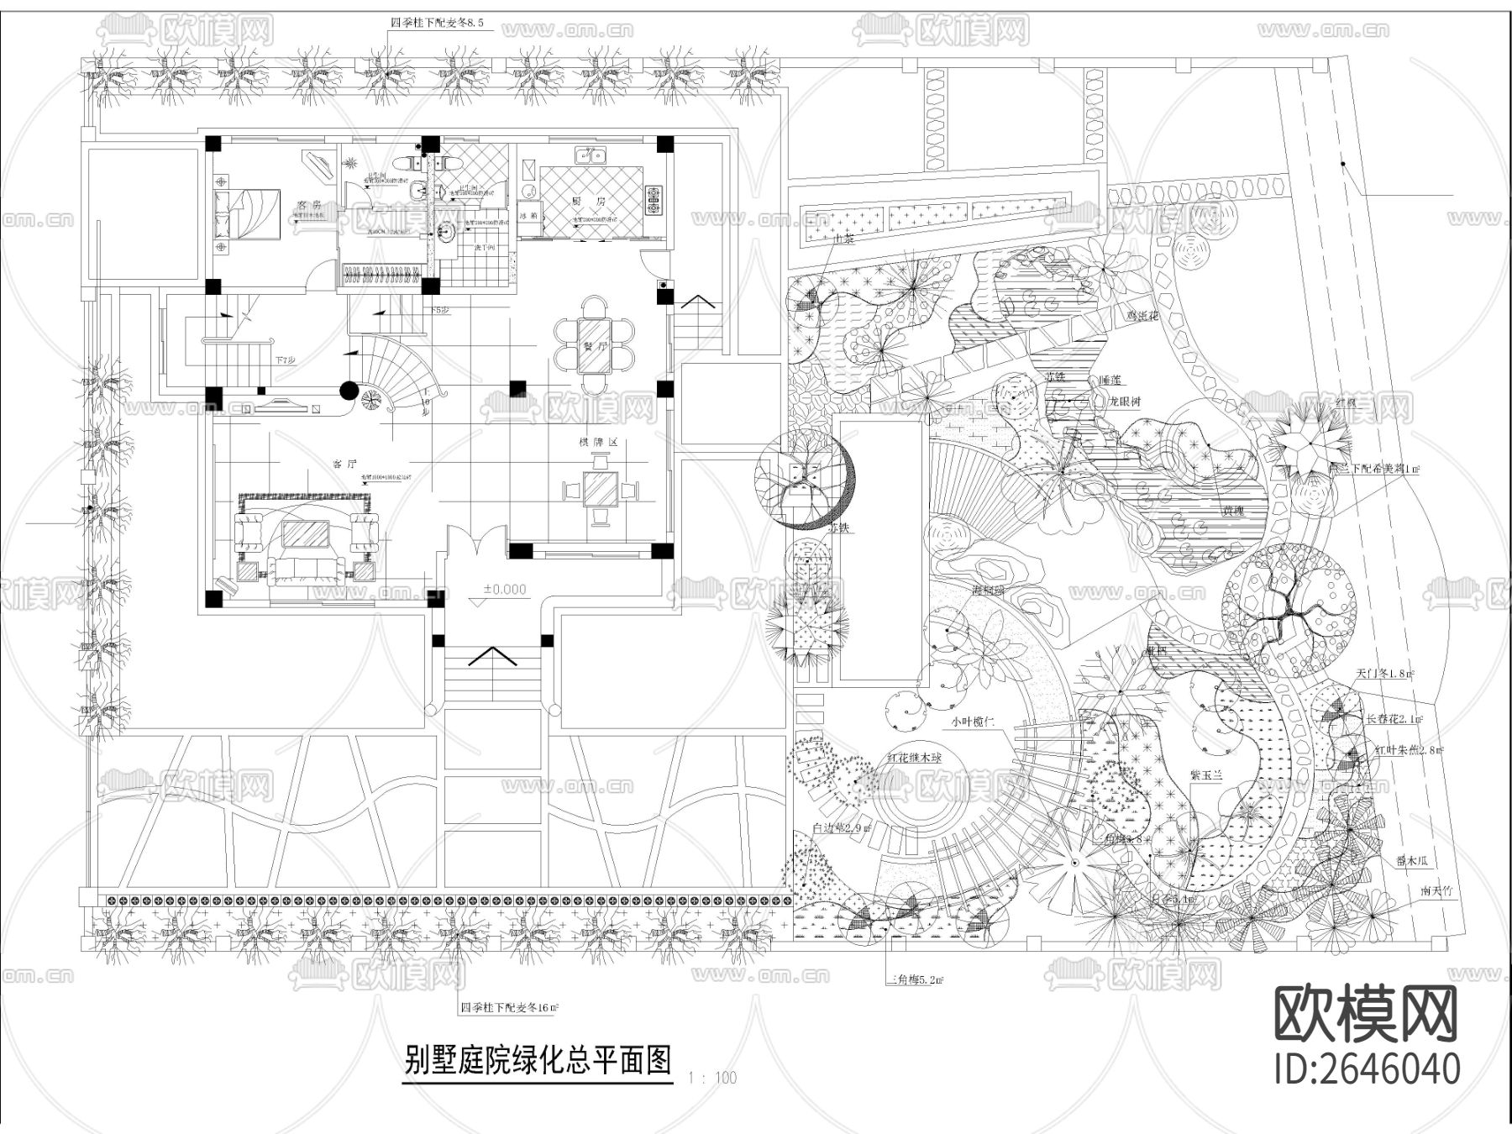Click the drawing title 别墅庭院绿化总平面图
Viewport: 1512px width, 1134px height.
538,1060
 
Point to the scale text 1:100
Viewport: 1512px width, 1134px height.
711,1078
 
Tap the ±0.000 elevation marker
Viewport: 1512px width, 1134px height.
504,590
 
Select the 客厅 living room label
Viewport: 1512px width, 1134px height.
344,463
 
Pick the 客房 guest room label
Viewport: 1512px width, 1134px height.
310,205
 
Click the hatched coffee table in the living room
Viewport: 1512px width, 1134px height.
306,534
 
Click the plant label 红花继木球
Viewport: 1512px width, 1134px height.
915,758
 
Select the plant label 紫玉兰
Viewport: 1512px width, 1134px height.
1206,774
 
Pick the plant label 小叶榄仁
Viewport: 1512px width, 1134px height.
972,721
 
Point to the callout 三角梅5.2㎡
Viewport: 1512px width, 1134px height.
915,979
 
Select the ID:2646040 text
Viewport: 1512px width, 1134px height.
1367,1069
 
